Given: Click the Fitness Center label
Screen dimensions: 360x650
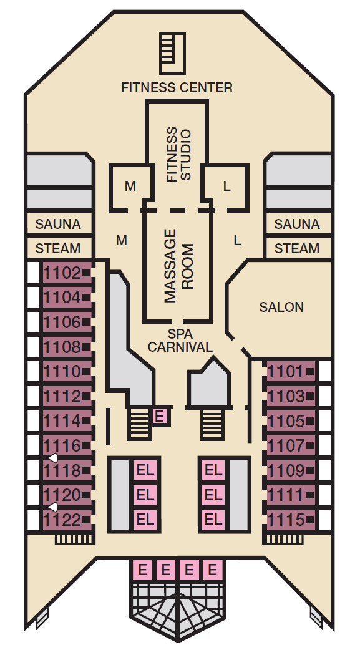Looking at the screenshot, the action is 177,87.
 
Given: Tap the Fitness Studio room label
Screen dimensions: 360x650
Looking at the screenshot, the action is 179,154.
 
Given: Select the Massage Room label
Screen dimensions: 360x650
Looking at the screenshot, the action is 179,266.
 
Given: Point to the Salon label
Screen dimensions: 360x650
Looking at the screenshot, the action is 281,307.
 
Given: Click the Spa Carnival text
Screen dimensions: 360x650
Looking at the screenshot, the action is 180,340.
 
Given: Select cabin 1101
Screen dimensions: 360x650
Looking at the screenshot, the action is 291,372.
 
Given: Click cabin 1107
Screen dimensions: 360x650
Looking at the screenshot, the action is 291,445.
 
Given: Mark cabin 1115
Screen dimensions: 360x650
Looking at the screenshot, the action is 291,520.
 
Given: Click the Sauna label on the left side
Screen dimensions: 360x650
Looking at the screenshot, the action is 58,224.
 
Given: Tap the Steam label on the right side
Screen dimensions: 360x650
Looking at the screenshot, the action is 297,248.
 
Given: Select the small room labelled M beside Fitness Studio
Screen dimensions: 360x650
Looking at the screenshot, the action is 130,187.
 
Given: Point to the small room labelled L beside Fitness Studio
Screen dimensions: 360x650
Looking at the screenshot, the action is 226,187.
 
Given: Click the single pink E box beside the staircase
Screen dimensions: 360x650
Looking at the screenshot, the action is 159,416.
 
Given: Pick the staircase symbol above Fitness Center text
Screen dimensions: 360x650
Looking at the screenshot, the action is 172,54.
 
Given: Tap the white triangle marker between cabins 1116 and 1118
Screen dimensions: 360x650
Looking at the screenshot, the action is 53,458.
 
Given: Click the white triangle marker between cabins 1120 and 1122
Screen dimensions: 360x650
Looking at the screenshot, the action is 53,507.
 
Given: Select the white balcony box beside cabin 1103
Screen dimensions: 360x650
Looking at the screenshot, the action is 325,396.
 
